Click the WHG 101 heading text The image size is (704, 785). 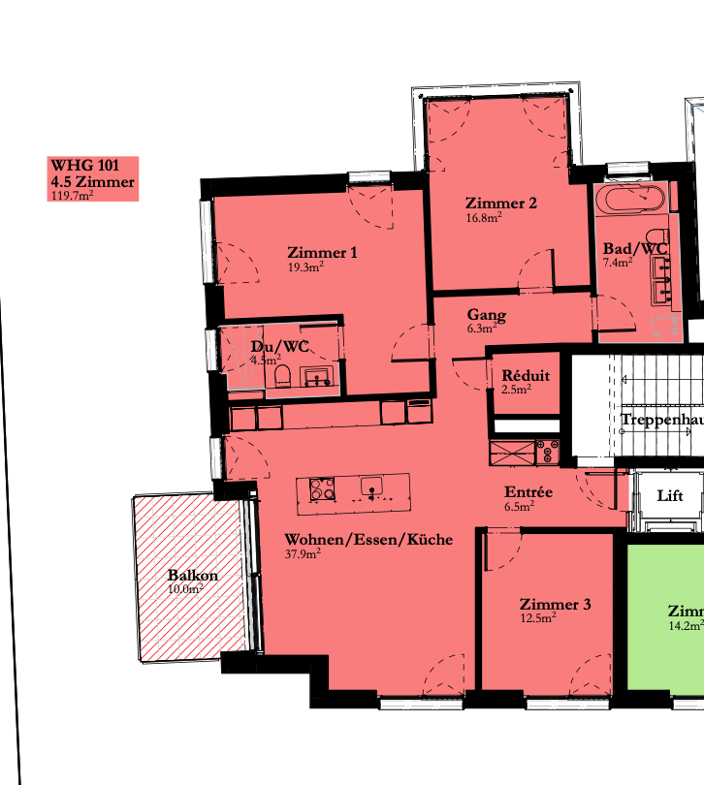84,165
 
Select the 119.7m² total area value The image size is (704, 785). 71,195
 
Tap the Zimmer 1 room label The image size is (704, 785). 322,253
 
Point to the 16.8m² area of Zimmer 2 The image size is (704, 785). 483,218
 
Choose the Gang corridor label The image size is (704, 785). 486,315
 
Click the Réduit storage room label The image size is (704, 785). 526,376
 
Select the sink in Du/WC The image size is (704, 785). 316,376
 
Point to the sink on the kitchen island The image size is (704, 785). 371,487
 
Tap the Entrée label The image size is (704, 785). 528,492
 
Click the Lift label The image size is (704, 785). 670,495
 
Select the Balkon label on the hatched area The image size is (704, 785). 192,575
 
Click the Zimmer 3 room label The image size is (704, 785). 555,605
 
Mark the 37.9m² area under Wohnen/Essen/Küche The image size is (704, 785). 303,554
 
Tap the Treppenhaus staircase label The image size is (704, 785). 661,419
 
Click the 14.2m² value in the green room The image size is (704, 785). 685,626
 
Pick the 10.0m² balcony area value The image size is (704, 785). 185,588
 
